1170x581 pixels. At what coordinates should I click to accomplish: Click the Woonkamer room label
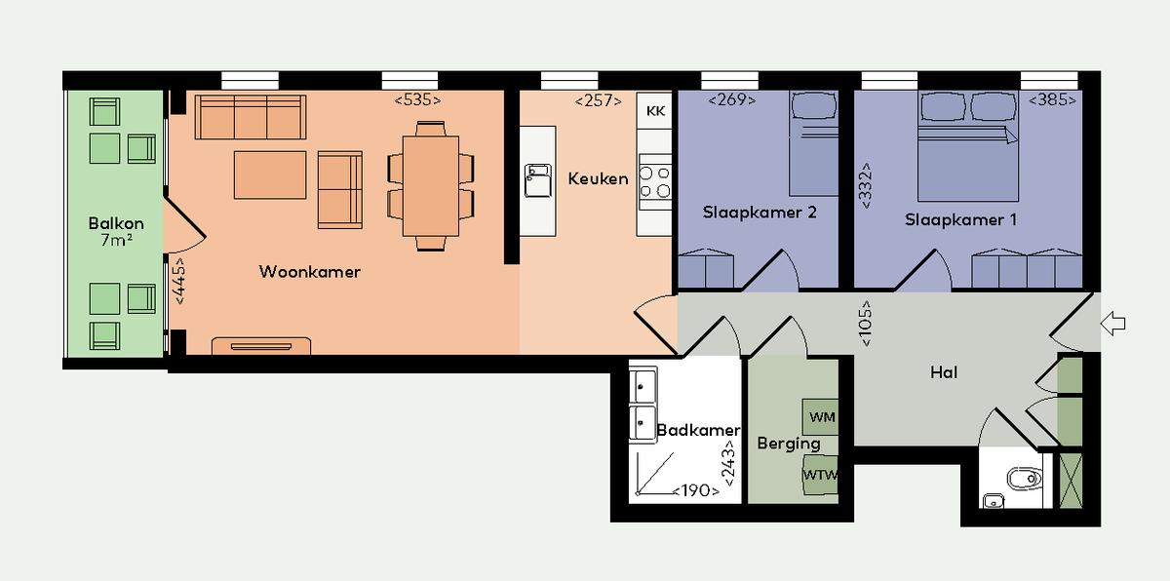309,272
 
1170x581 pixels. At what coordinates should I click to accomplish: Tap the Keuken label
598,179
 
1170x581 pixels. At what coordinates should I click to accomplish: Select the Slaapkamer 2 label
760,213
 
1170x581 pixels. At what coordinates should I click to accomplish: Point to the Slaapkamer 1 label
960,220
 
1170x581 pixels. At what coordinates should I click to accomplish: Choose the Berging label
789,444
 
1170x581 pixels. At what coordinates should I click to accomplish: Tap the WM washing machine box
822,417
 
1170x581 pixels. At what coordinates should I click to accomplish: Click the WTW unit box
821,475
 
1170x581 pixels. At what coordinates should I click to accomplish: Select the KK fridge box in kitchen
655,111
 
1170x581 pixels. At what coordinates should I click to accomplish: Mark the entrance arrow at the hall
1112,324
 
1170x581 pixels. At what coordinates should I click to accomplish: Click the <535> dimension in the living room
417,100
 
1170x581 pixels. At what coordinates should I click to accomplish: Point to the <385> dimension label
1052,100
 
